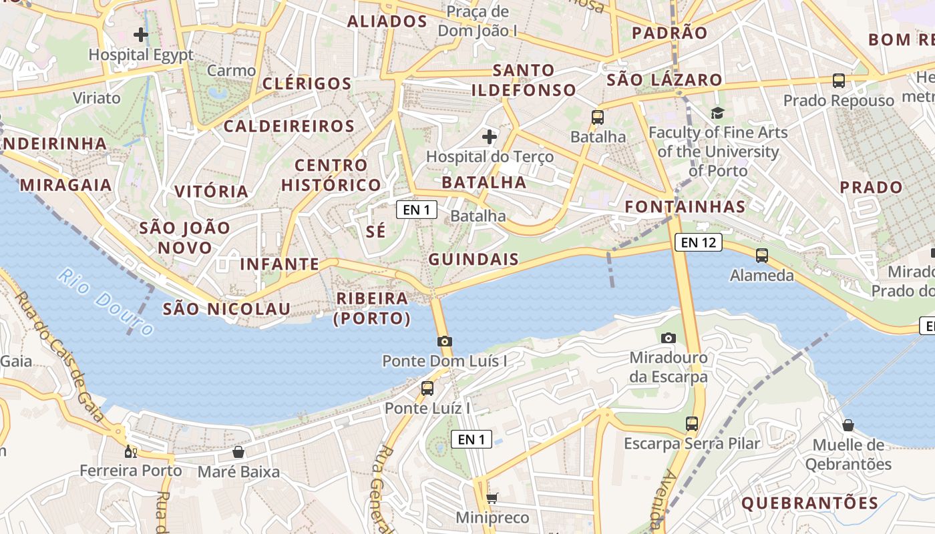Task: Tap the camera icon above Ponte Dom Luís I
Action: click(444, 341)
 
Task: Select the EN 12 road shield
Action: click(699, 242)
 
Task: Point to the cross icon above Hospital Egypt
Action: click(141, 34)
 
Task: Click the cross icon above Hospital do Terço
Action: click(490, 137)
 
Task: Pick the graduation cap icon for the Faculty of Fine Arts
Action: click(717, 113)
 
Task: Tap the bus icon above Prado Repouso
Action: click(839, 81)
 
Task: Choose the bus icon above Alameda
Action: click(762, 255)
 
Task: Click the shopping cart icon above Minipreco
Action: click(492, 498)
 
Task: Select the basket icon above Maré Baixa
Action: click(238, 452)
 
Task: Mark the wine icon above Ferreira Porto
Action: click(130, 451)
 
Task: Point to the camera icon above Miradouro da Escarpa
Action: click(669, 338)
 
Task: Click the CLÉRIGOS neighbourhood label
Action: click(307, 83)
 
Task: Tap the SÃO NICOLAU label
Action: click(227, 309)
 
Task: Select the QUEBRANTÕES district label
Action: click(809, 503)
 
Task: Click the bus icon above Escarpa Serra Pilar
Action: click(692, 423)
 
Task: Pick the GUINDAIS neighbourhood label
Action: click(474, 260)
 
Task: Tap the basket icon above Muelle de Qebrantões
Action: click(848, 425)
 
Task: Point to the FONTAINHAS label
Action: click(685, 207)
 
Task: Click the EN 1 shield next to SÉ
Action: click(417, 210)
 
